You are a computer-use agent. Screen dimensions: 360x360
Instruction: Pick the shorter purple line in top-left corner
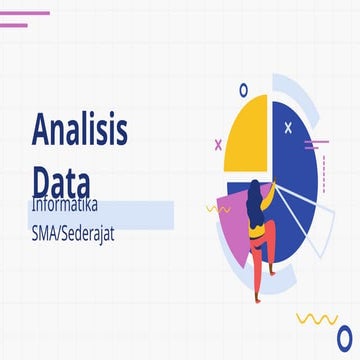(x=13, y=25)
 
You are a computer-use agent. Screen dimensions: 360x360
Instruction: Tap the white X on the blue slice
(x=289, y=127)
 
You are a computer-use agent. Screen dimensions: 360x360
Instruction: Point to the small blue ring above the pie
(x=242, y=88)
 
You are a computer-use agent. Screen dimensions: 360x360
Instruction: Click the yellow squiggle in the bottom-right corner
(x=317, y=319)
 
